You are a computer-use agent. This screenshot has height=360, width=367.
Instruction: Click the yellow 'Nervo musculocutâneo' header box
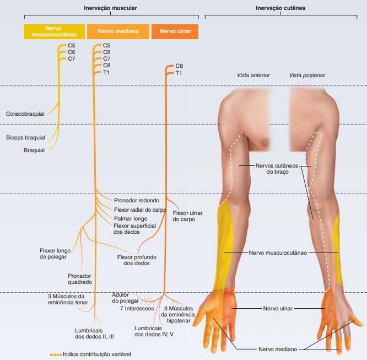click(x=54, y=31)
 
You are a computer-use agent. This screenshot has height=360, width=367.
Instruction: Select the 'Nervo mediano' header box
click(x=117, y=31)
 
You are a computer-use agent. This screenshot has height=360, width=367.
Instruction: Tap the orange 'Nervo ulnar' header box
click(x=175, y=31)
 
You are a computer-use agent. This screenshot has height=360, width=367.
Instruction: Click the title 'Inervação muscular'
click(x=110, y=9)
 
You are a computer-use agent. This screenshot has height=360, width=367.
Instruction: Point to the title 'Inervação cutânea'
click(x=281, y=9)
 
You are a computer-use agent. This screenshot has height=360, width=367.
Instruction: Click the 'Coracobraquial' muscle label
click(x=25, y=114)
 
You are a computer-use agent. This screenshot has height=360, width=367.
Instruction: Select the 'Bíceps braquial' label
click(x=25, y=137)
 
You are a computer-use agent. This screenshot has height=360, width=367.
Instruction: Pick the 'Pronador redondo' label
click(x=136, y=201)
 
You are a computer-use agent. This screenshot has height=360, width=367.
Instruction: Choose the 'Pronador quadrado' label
click(x=79, y=278)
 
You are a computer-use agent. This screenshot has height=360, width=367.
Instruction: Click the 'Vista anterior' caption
click(x=253, y=75)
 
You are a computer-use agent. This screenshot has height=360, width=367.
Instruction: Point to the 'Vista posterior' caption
click(x=307, y=75)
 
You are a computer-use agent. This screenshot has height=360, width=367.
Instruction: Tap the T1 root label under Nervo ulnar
click(x=179, y=73)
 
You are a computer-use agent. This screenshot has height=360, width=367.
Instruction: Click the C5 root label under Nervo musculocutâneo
click(x=72, y=45)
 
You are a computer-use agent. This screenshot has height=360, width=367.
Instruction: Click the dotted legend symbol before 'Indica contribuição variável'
click(x=56, y=354)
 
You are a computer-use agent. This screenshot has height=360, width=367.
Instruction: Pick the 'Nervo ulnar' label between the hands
click(x=278, y=309)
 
